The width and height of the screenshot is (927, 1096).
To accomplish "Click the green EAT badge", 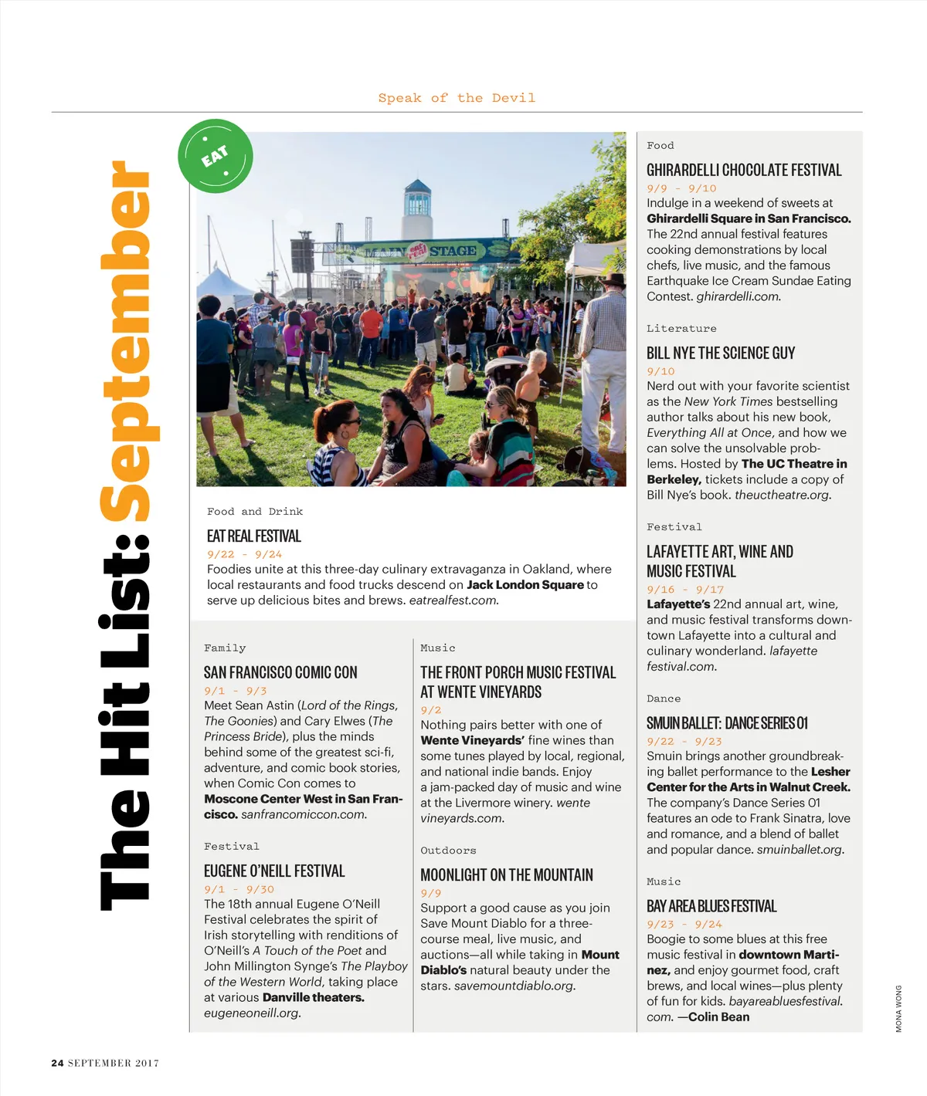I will pyautogui.click(x=216, y=156).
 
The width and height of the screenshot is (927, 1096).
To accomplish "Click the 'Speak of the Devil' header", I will pyautogui.click(x=456, y=98).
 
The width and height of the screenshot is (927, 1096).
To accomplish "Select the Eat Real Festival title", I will pyautogui.click(x=253, y=536).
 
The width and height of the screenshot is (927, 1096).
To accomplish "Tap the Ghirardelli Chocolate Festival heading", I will pyautogui.click(x=743, y=170).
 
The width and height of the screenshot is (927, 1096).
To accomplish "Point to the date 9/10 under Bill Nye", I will pyautogui.click(x=660, y=371).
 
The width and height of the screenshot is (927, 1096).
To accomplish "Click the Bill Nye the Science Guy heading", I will pyautogui.click(x=720, y=353).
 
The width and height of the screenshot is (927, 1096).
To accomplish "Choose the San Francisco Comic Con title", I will pyautogui.click(x=280, y=672).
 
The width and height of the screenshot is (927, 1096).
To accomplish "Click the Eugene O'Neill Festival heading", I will pyautogui.click(x=274, y=871).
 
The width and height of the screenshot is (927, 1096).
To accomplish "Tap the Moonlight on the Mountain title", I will pyautogui.click(x=507, y=874).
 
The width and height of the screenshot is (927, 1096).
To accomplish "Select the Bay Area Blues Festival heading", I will pyautogui.click(x=711, y=906).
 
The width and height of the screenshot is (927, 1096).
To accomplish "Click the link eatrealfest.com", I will pyautogui.click(x=453, y=600).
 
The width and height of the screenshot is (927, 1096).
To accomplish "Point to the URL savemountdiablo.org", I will pyautogui.click(x=514, y=986).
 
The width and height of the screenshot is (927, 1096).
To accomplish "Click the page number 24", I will pyautogui.click(x=57, y=1063).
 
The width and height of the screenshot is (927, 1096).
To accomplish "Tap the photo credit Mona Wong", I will pyautogui.click(x=898, y=1008).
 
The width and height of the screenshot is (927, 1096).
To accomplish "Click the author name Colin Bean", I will pyautogui.click(x=718, y=1017).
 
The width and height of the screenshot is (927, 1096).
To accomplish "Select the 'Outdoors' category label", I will pyautogui.click(x=448, y=851).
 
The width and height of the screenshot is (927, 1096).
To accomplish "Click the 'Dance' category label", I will pyautogui.click(x=664, y=699).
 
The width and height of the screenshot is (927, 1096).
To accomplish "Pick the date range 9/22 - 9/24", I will pyautogui.click(x=244, y=554).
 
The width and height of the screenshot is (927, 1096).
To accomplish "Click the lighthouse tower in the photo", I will pyautogui.click(x=416, y=208).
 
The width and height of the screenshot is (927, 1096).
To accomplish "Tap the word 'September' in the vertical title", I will pyautogui.click(x=130, y=340).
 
